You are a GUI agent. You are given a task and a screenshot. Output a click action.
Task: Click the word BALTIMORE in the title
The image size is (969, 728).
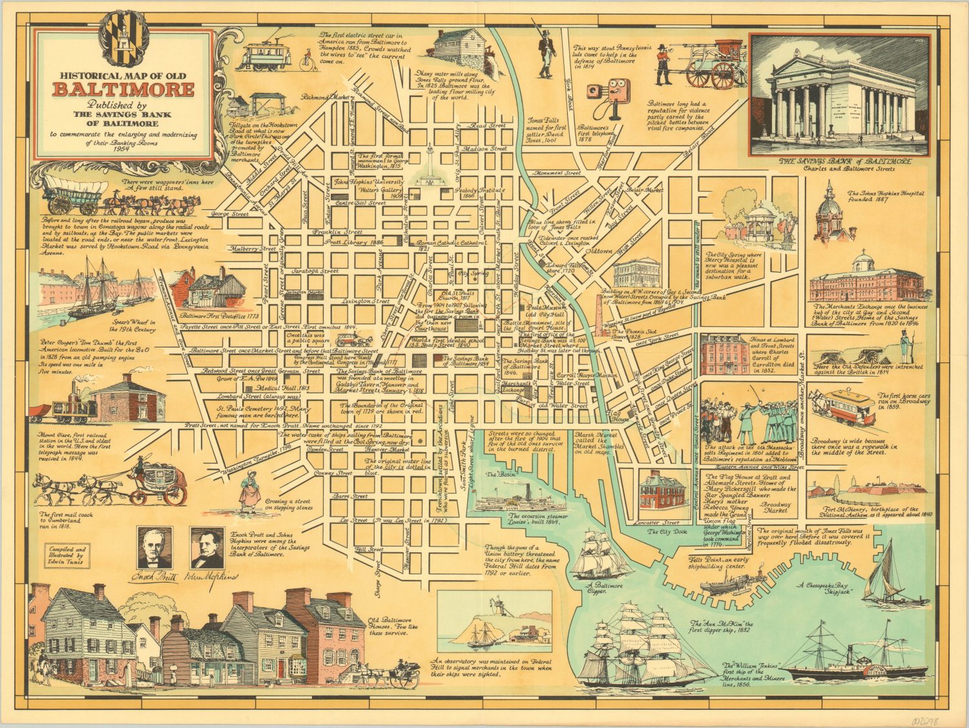[123, 89]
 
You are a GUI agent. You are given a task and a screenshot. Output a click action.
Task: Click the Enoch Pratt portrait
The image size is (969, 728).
[154, 546]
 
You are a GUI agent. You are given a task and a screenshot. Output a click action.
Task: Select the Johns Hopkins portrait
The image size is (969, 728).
[207, 546]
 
